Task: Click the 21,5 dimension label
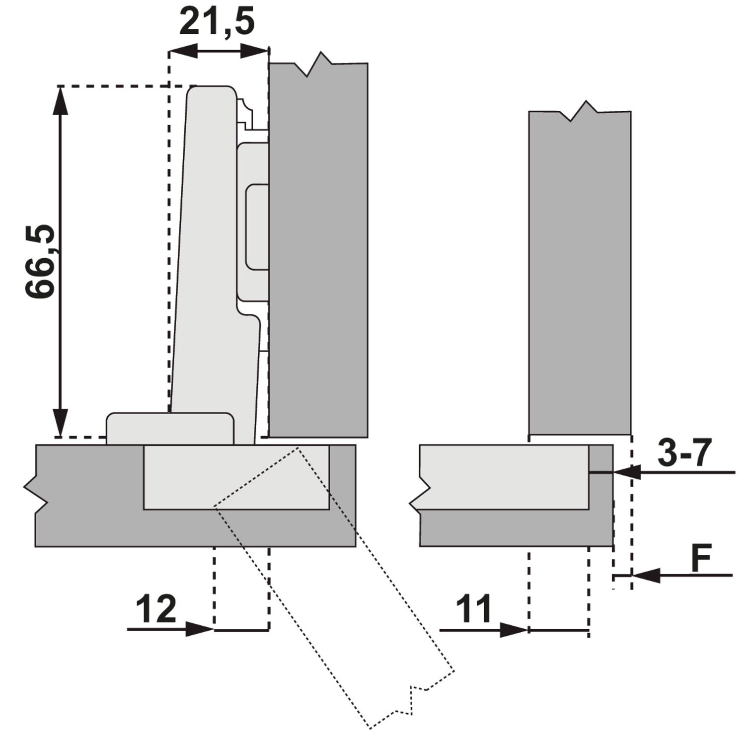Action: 217,22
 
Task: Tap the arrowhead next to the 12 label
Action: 200,629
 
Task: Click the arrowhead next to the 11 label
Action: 514,630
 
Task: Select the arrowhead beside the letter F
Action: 646,576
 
